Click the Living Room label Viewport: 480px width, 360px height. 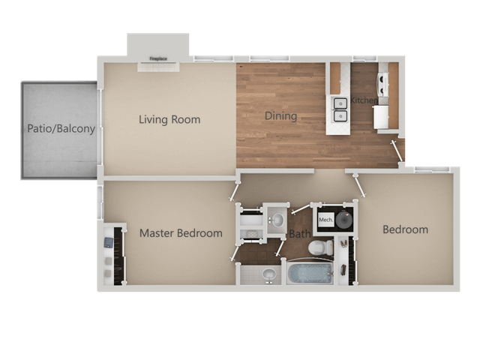[169, 119]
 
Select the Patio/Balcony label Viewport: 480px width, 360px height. [61, 128]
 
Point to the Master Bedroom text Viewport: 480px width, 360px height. [181, 233]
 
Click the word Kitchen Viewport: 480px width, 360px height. [364, 100]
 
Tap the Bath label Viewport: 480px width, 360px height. [300, 234]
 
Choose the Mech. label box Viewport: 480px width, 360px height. [325, 220]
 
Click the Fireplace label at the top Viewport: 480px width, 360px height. [157, 58]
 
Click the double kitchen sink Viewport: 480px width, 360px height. [340, 109]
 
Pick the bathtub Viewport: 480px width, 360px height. [309, 273]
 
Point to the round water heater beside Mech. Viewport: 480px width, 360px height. [345, 220]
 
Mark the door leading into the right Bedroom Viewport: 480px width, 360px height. [360, 185]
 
